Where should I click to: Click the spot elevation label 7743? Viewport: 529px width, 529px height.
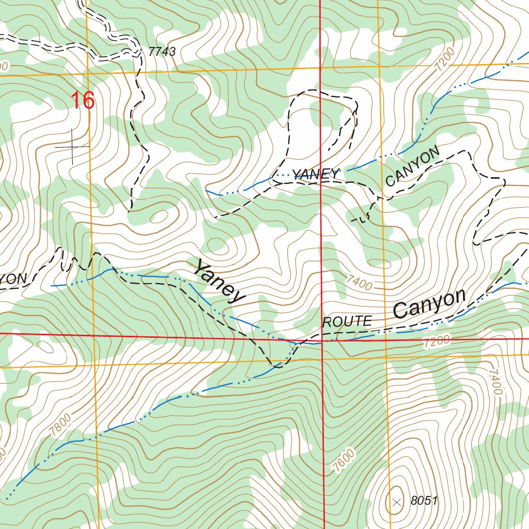162,52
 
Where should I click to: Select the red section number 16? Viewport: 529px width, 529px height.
83,101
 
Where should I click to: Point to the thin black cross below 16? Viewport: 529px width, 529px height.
72,147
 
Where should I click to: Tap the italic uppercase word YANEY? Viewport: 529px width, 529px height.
316,174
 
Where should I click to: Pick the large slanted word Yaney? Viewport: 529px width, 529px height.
219,282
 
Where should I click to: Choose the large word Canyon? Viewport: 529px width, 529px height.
429,304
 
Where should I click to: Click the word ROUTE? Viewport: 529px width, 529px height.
347,322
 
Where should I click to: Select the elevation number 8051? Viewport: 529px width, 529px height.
424,501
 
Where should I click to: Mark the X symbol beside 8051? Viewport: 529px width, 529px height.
396,502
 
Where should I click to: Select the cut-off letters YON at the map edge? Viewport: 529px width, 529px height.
12,278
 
